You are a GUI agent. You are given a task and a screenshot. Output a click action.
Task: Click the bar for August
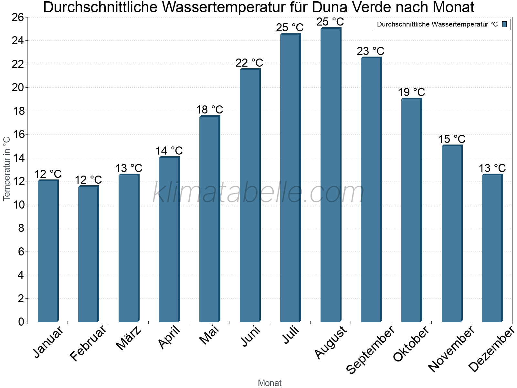[x=331, y=175]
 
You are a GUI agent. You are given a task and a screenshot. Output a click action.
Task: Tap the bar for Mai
[x=209, y=219]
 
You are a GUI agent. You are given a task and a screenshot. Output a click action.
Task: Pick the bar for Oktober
[x=411, y=210]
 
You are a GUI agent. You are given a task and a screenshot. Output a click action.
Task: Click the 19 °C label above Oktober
[x=411, y=92]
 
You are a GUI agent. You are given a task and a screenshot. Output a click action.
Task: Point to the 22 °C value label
[x=249, y=63]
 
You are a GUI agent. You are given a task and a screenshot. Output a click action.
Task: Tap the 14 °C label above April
[x=169, y=151]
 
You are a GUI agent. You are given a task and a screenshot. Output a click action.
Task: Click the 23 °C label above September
[x=371, y=51]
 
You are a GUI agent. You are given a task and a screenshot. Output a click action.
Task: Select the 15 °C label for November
[x=452, y=139]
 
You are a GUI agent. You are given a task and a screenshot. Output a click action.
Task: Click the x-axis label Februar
[x=88, y=343]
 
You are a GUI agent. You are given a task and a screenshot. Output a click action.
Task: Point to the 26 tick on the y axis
[x=18, y=17]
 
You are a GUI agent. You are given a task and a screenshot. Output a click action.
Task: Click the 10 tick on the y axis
[x=18, y=205]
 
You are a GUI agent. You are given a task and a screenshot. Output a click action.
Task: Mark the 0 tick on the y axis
[x=21, y=322]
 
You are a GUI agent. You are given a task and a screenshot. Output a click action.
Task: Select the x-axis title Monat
[x=270, y=383]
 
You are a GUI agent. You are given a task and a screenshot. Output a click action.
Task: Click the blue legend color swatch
[x=504, y=24]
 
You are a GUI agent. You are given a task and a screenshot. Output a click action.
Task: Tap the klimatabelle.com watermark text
[x=258, y=193]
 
